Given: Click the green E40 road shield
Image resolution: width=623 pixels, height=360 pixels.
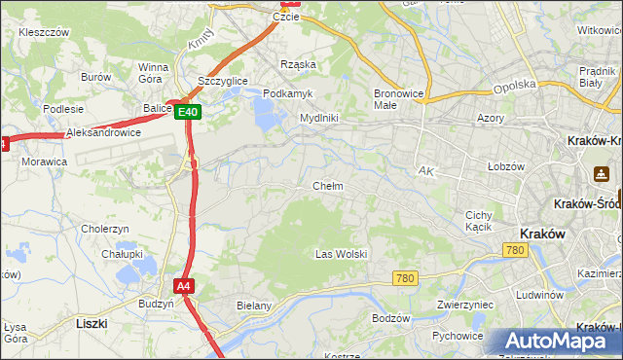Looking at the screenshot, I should (189, 112).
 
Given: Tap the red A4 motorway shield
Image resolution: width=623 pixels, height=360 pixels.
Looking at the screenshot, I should (184, 285).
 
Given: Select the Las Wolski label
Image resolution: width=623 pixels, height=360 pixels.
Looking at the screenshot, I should (341, 254).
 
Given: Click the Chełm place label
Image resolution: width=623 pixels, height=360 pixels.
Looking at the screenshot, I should (327, 186).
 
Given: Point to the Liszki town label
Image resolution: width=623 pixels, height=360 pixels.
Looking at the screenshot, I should (91, 321).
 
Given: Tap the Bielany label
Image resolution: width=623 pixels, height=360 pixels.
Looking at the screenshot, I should (253, 305).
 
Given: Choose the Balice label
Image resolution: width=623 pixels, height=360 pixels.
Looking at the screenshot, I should (157, 108).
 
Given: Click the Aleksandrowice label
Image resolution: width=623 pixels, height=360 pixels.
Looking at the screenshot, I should (103, 132).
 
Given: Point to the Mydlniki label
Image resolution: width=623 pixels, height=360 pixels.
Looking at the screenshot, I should (318, 118).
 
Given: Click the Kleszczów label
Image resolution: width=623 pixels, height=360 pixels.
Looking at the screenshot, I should (44, 32).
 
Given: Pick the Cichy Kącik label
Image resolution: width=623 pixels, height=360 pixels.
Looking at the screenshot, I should (478, 221).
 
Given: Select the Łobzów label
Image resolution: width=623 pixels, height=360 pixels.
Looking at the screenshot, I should (506, 166).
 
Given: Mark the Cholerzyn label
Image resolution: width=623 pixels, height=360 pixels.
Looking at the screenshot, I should (106, 229).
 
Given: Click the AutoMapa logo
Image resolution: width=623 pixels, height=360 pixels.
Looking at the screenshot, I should (554, 342).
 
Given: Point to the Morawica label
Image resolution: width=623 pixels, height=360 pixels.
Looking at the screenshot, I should (44, 162).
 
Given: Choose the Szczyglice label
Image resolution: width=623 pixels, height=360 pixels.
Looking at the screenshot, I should (222, 81).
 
